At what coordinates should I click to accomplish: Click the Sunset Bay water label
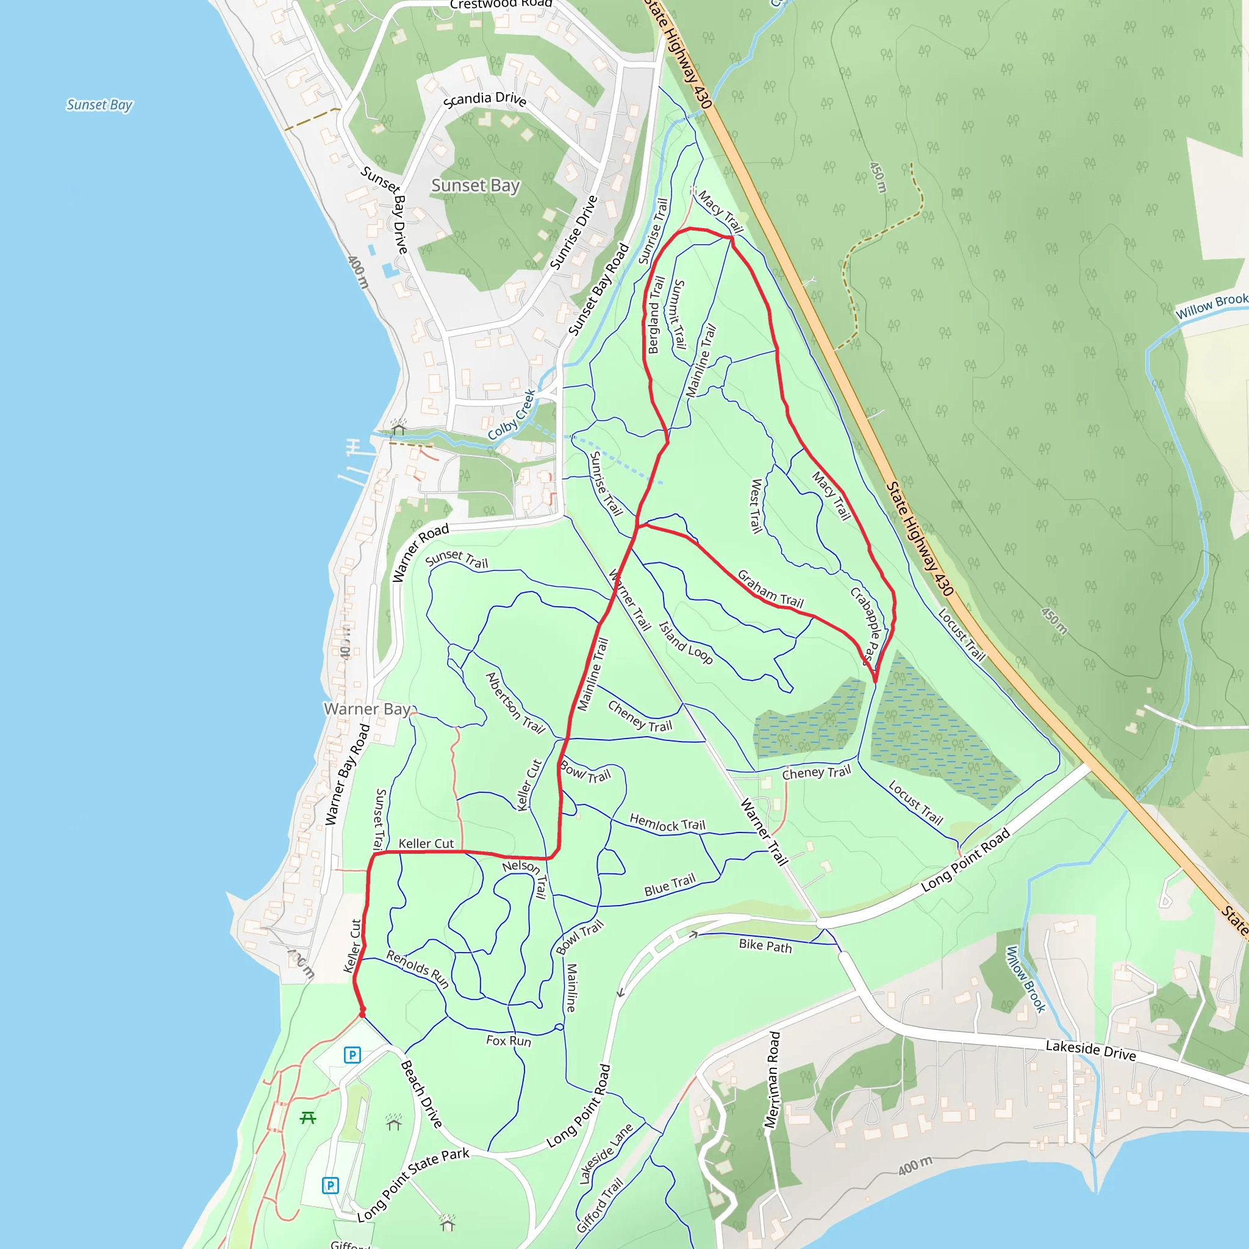click(99, 105)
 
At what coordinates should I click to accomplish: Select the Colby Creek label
click(512, 414)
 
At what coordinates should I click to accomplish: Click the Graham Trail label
click(770, 589)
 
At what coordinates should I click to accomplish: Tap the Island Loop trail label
click(685, 643)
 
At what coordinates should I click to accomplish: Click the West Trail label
click(755, 506)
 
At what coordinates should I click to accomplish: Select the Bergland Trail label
click(656, 315)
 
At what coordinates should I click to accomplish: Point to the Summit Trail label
click(678, 314)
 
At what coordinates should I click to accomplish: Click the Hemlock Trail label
click(667, 823)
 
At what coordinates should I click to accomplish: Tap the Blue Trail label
click(670, 884)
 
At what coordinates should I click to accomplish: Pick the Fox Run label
click(508, 1040)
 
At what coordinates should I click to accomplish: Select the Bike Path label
click(765, 945)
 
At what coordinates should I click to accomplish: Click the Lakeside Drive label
click(1090, 1050)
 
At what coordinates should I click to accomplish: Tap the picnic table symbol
click(308, 1118)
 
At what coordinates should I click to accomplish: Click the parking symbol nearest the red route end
click(352, 1055)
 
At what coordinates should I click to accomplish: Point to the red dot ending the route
click(362, 1013)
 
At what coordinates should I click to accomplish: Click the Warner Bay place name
click(367, 709)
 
